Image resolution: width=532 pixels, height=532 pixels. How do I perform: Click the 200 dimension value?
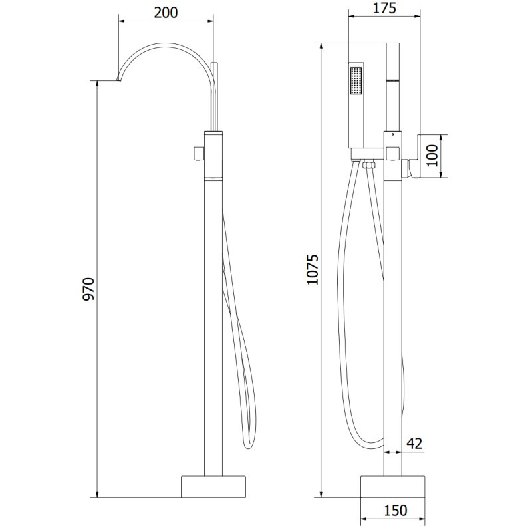[166, 13]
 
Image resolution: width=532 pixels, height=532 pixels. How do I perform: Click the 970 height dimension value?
[89, 289]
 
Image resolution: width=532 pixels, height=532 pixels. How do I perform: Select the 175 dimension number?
[384, 8]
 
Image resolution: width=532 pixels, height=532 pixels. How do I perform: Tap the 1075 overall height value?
[313, 269]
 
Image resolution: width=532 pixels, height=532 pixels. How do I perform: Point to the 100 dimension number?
[432, 156]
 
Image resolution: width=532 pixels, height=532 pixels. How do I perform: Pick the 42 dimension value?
[414, 443]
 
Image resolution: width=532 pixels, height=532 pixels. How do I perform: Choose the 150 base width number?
[396, 510]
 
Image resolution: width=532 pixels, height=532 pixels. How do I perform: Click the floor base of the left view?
[213, 487]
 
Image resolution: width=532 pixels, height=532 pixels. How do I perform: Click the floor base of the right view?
[392, 487]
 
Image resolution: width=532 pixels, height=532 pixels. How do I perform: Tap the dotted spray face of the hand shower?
[356, 80]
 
